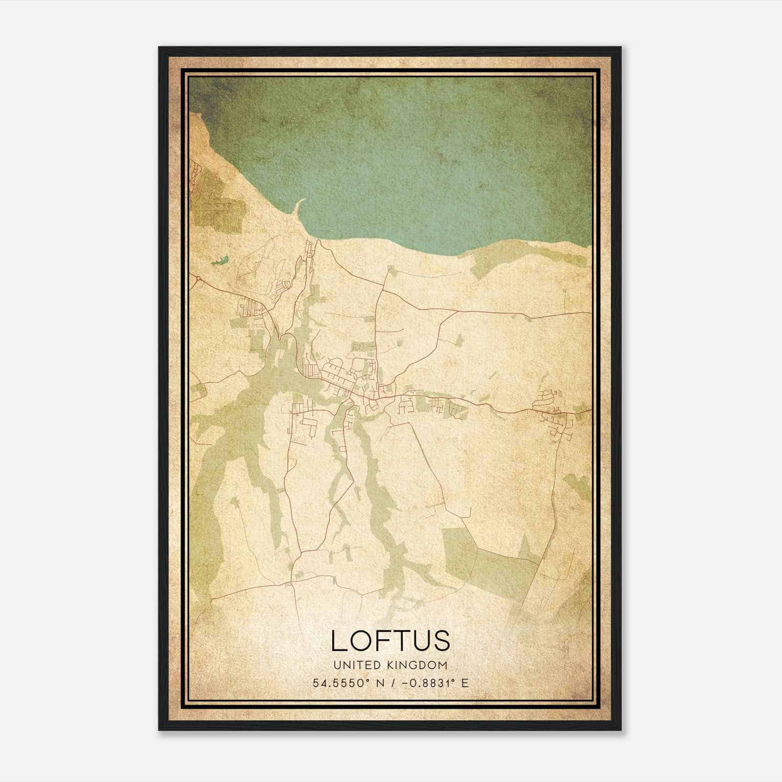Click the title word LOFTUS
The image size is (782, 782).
tap(391, 641)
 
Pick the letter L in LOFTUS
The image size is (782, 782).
tap(339, 641)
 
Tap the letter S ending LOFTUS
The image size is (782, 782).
tap(440, 641)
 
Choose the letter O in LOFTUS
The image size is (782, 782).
tap(360, 641)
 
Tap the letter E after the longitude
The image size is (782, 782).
tap(465, 683)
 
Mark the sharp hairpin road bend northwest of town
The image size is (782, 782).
tap(281, 337)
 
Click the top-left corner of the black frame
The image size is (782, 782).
tap(159, 48)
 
